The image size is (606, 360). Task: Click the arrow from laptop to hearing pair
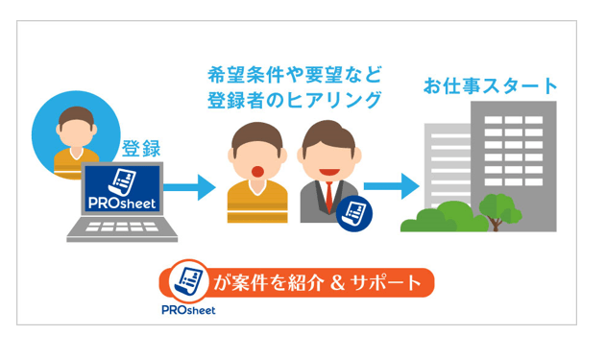pos(197,186)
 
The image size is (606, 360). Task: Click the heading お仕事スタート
pos(490,86)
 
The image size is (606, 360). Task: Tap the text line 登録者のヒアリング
pos(294,100)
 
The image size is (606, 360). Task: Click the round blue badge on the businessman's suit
pos(355,213)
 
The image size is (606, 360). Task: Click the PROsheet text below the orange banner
pos(187,309)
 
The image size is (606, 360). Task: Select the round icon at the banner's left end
pos(188,281)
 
